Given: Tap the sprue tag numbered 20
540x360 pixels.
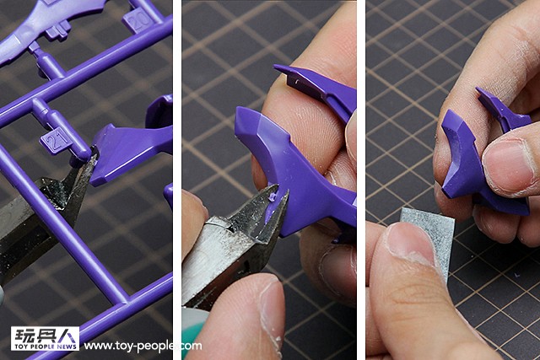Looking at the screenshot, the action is coord(138,20).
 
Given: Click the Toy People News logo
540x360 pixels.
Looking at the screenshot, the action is coord(45,339).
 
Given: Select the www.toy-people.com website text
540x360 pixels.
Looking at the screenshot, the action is coord(143,346).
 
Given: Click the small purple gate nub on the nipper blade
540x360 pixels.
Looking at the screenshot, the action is coord(272,197).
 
